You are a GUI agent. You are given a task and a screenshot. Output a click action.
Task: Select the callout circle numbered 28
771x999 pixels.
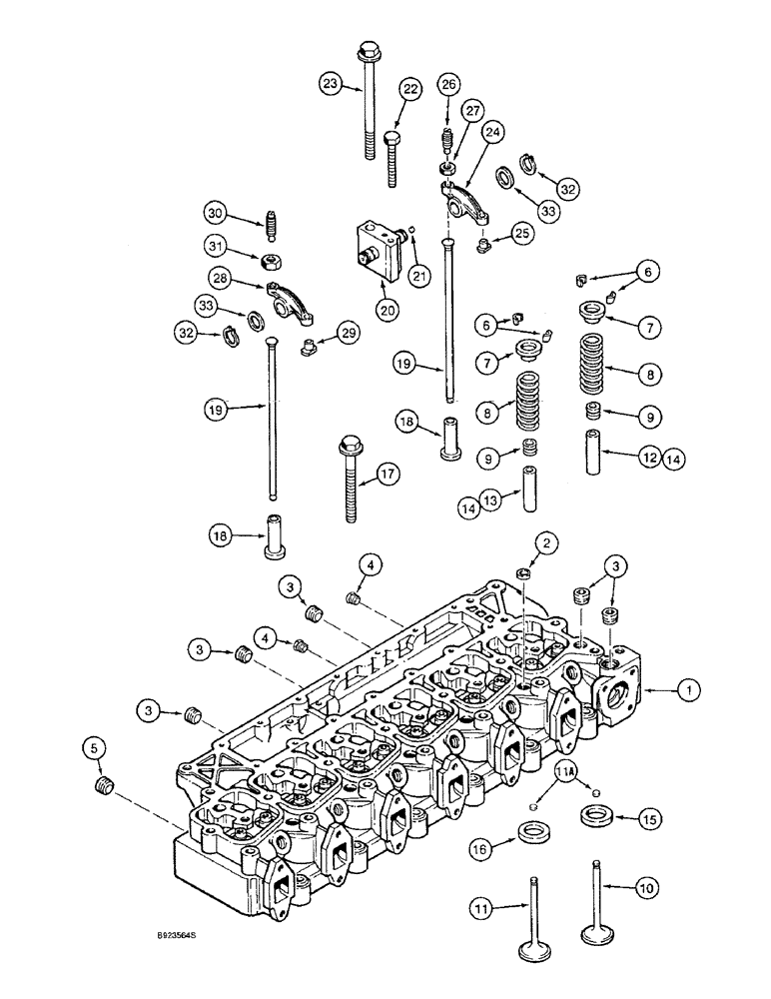[x=220, y=277]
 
